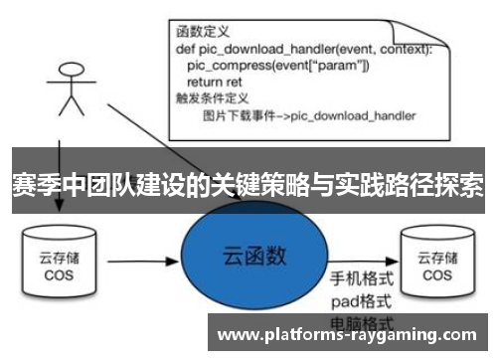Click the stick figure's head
coord(69,71)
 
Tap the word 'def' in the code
coord(185,48)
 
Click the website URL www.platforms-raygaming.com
coord(348,333)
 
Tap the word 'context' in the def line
coord(402,48)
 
